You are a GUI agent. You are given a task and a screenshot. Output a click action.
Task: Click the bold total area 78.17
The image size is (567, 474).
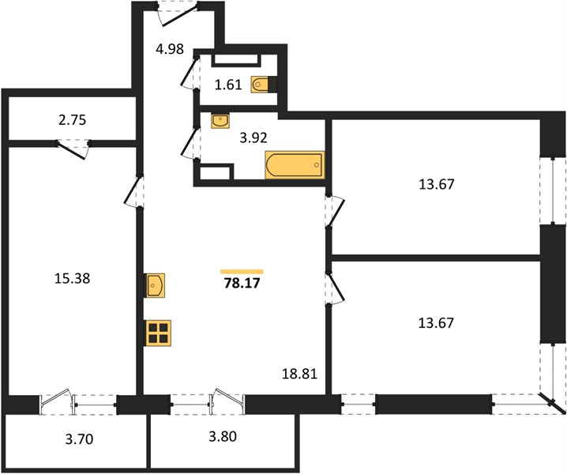[242, 283]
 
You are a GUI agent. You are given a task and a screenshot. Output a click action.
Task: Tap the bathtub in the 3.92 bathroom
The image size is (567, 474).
[295, 165]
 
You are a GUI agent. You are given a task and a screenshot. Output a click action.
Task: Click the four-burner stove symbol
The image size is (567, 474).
[159, 333]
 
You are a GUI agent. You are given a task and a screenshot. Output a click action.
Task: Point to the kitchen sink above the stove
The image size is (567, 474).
[155, 285]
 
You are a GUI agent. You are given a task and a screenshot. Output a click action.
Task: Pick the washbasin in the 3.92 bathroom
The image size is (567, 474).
[220, 121]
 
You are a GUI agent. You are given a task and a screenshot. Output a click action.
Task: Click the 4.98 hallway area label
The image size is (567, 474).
[170, 48]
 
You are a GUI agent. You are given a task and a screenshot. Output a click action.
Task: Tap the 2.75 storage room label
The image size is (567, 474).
[73, 120]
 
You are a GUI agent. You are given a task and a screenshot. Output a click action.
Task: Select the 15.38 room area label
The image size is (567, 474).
[73, 279]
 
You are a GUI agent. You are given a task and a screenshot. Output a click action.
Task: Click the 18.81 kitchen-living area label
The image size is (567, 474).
[299, 374]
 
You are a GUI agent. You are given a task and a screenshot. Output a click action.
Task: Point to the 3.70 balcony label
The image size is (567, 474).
[79, 439]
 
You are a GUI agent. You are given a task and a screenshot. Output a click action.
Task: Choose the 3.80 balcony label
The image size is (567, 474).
[223, 436]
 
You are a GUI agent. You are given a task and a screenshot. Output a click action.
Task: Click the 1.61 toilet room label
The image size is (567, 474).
[228, 85]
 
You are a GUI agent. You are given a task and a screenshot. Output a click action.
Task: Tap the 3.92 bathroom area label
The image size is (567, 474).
[253, 137]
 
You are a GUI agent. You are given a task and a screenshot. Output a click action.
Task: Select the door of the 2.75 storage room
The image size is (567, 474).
[73, 149]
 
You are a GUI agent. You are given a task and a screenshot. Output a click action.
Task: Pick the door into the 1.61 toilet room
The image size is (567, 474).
[190, 73]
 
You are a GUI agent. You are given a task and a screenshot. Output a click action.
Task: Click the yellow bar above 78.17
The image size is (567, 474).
[242, 272]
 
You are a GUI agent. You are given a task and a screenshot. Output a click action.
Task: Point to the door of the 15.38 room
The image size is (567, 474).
[133, 191]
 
